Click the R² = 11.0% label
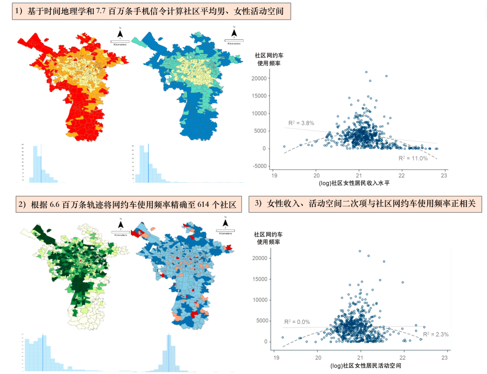click(413, 158)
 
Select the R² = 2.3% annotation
click(436, 334)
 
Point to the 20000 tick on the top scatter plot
click(258, 78)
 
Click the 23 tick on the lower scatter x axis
click(445, 357)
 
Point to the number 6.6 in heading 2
click(56, 205)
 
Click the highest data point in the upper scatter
click(366, 72)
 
